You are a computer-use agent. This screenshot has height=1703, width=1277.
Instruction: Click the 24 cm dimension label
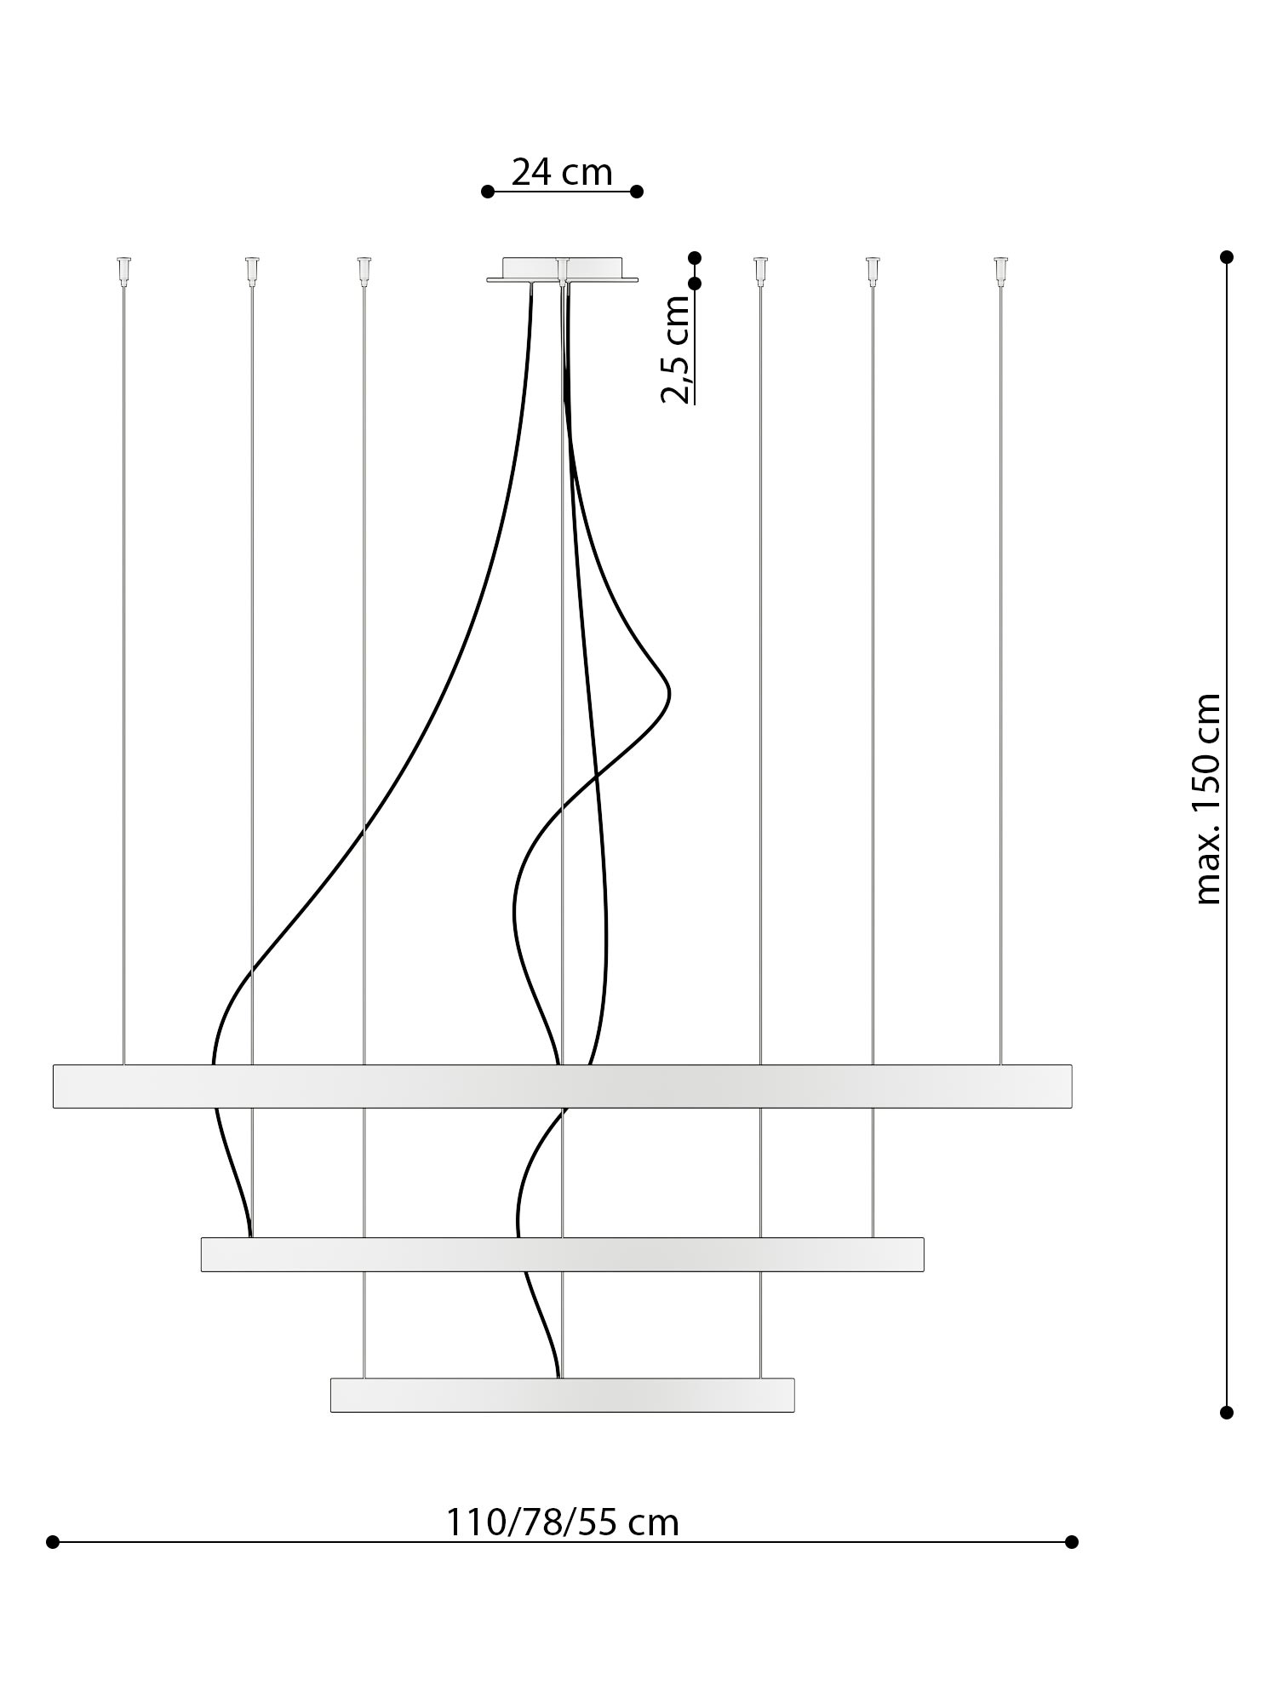562,172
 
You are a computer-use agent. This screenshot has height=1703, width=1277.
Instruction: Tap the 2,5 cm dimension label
677,349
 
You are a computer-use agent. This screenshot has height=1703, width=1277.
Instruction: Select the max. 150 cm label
1208,799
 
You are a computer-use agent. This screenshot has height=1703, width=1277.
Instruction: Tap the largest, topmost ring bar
562,1086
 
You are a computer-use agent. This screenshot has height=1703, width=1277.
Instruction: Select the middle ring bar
562,1254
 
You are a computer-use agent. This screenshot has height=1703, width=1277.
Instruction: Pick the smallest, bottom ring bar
562,1395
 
